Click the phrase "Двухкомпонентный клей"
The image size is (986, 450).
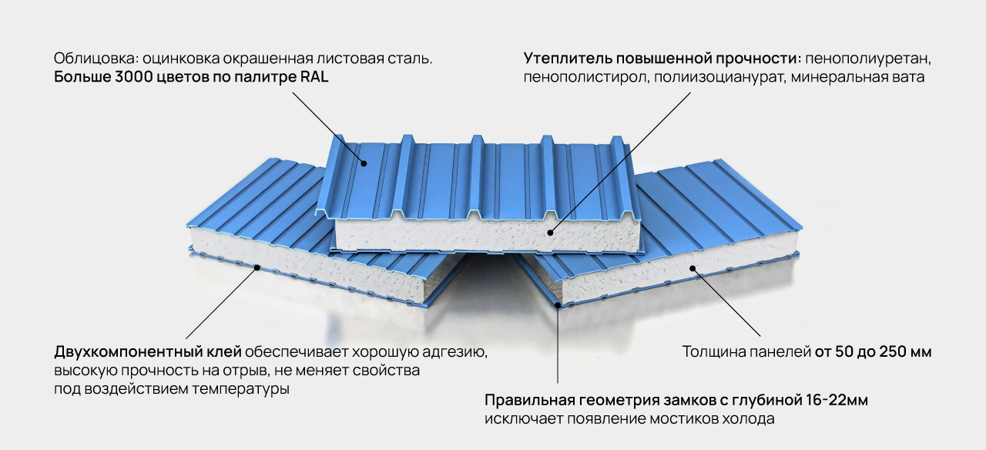pos(147,352)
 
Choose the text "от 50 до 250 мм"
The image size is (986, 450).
pos(873,352)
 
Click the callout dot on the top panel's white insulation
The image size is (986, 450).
pos(551,230)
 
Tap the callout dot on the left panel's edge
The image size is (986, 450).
pos(257,267)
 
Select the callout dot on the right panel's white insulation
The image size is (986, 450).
pos(693,268)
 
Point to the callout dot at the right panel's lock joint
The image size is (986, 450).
pos(557,306)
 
